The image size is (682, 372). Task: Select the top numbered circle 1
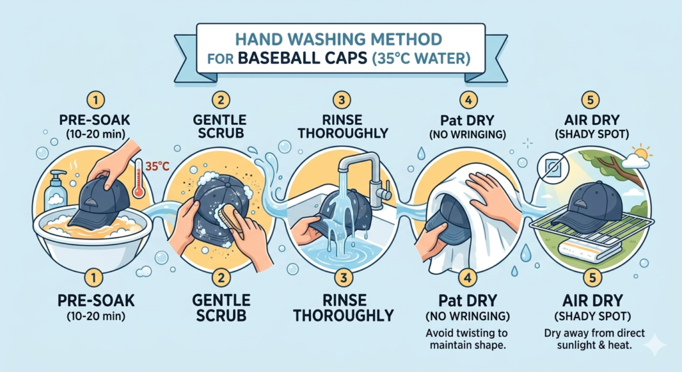(97, 101)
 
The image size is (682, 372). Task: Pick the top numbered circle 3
(341, 101)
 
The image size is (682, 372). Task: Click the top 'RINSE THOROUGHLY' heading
(341, 126)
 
